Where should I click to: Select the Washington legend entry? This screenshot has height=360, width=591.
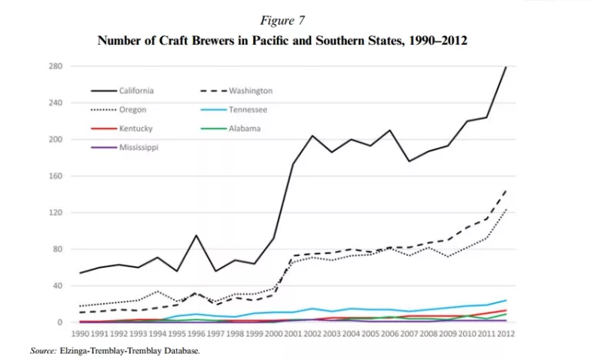(x=251, y=91)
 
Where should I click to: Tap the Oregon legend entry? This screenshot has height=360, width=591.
(x=133, y=109)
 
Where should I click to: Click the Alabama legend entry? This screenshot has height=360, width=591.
(x=245, y=128)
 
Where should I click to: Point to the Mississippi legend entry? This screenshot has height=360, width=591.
(x=139, y=146)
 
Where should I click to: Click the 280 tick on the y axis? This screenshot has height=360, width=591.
(x=55, y=66)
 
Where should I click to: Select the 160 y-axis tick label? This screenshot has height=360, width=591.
(x=55, y=176)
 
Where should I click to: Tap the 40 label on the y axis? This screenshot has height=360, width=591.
(x=57, y=285)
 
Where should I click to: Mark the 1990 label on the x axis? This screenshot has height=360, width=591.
(x=80, y=334)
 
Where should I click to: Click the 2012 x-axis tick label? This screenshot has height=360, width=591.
(x=506, y=334)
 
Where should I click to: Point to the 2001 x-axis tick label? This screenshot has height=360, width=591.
(x=292, y=334)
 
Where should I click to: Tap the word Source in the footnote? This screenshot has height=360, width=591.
(x=43, y=351)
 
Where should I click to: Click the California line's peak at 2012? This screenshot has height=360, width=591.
(x=506, y=67)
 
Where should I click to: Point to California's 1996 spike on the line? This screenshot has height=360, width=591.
(x=196, y=235)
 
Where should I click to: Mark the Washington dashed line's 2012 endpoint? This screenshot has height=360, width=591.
(x=506, y=189)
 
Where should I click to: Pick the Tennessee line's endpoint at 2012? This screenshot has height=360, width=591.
(x=506, y=300)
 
